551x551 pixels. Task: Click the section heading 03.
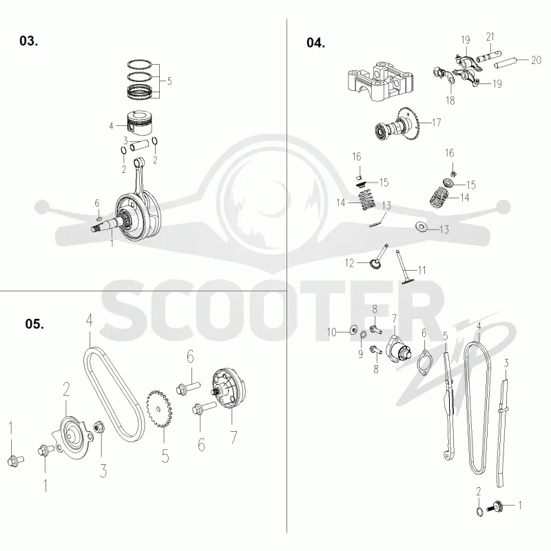click(x=28, y=41)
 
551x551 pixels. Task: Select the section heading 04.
click(x=315, y=43)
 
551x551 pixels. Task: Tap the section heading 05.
click(x=34, y=324)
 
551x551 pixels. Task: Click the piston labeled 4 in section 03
click(x=140, y=123)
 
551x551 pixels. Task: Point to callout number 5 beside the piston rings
click(x=169, y=81)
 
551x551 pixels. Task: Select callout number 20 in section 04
click(x=536, y=60)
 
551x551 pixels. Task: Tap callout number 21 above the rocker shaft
click(x=490, y=37)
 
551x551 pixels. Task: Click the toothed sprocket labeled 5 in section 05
click(x=159, y=408)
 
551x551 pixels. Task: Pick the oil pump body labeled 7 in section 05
click(x=229, y=388)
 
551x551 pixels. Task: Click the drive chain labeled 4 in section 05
click(x=114, y=394)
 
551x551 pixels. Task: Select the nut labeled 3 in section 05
click(x=98, y=428)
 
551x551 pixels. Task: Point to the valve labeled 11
click(x=404, y=267)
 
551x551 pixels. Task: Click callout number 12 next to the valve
click(x=349, y=263)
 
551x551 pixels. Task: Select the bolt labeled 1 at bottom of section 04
click(x=495, y=507)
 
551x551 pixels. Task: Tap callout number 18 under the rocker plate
click(x=450, y=101)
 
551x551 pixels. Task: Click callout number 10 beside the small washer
click(x=331, y=332)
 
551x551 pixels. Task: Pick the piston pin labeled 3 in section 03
click(x=141, y=145)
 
